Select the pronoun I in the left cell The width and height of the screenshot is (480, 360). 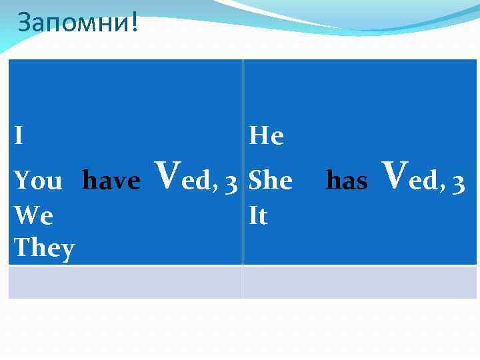click(x=19, y=136)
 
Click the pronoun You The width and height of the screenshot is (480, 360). click(x=38, y=181)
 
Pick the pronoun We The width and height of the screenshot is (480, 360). click(x=33, y=215)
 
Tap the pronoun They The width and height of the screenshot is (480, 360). click(x=44, y=248)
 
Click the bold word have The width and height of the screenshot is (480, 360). click(x=111, y=180)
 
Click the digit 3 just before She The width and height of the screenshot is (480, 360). click(x=231, y=181)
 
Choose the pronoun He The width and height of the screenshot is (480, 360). click(x=266, y=136)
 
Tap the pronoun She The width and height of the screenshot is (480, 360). click(x=270, y=180)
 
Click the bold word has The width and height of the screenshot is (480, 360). click(x=347, y=180)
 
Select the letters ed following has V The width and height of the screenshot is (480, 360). click(x=423, y=181)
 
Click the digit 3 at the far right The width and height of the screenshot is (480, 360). click(x=458, y=181)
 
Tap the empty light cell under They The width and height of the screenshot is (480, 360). click(x=125, y=282)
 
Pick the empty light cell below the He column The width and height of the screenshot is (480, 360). click(x=360, y=282)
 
